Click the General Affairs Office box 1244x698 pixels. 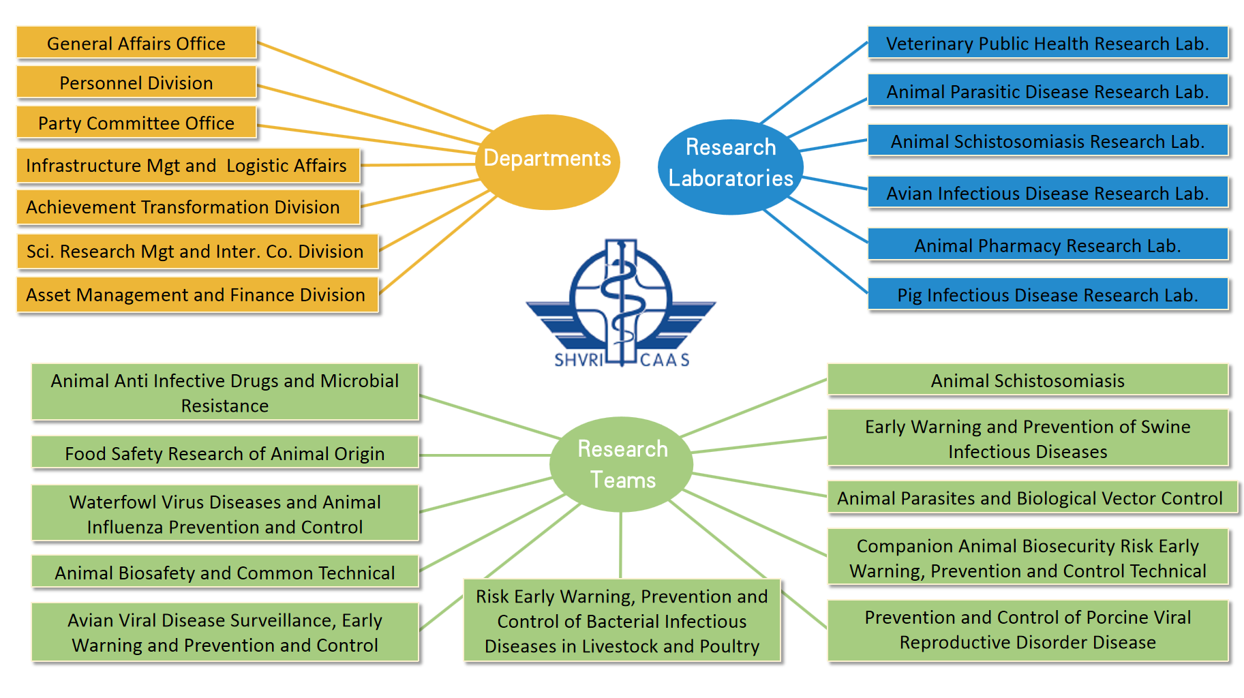pos(136,43)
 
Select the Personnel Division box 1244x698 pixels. pos(136,82)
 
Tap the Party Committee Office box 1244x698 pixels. pos(136,123)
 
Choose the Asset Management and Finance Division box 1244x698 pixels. pos(196,294)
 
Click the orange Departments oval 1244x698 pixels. pos(547,161)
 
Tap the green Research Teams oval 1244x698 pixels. pos(622,464)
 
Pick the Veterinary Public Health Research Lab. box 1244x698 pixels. pos(1047,43)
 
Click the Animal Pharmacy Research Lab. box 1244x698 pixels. pos(1047,245)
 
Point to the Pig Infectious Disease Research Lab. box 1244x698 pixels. pos(1047,294)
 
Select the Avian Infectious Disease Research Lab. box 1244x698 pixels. pos(1047,194)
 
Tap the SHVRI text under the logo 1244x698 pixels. pos(578,360)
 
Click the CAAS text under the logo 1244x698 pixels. pos(665,360)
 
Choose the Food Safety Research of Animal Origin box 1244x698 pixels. pos(225,453)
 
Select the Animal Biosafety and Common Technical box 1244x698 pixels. pos(225,573)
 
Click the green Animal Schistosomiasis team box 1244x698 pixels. pos(1027,380)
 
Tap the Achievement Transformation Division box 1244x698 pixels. pos(184,207)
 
